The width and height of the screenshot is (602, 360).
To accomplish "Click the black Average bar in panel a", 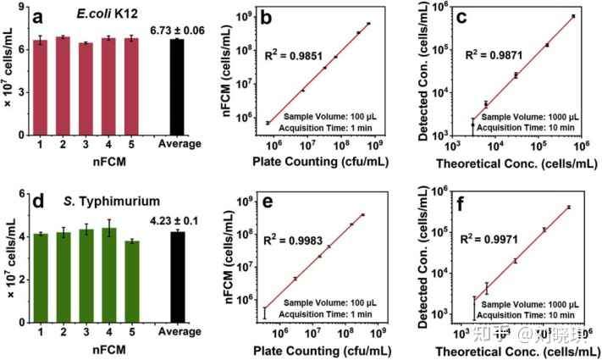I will click(176, 87).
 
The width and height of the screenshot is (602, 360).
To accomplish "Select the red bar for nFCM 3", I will click(86, 89).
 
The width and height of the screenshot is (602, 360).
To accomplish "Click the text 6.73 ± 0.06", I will click(177, 30).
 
